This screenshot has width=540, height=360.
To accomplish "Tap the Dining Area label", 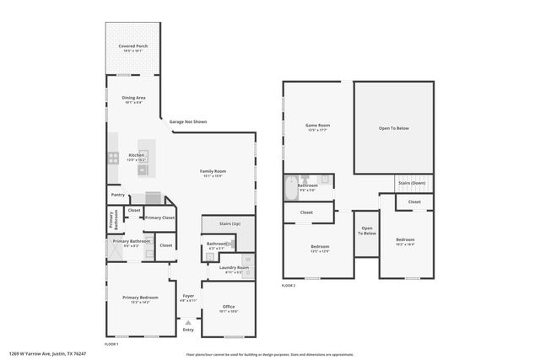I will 134,98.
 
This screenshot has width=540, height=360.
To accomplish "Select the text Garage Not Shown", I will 188,122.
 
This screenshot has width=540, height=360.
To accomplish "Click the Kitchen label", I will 136,155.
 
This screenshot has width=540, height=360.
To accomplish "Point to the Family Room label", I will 213,171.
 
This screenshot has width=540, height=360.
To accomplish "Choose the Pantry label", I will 118,196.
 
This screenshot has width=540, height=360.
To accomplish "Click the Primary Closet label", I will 159,218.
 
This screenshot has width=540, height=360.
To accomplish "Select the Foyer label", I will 188,295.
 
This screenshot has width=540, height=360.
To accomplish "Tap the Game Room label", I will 318,126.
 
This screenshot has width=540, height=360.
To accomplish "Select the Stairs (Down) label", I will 412,183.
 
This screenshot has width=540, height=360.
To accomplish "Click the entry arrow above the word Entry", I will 188,322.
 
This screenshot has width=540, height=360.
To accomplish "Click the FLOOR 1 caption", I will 111,345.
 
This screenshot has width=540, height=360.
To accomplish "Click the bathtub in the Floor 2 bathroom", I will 290,187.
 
